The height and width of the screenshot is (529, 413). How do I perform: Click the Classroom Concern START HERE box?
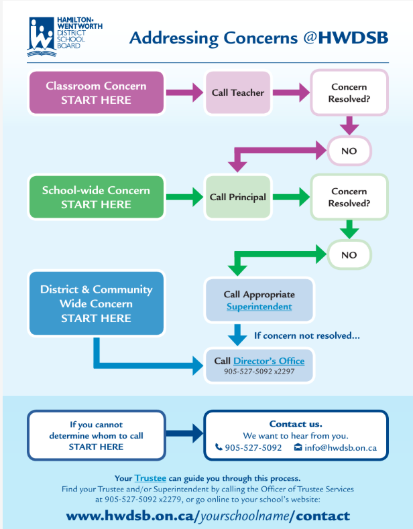97,93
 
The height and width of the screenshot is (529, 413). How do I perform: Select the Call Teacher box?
238,93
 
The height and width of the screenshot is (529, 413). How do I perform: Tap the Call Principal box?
238,198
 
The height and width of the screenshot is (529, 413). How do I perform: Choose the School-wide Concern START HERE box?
97,198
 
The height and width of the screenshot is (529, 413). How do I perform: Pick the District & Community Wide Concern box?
97,303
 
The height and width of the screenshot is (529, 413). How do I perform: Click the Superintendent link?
259,307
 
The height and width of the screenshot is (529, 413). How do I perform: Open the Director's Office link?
269,361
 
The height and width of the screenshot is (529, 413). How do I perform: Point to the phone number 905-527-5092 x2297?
259,372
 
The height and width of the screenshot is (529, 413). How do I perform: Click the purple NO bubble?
349,151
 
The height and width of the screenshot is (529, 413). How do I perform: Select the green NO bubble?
349,255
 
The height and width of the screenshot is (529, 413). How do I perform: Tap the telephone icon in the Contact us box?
219,447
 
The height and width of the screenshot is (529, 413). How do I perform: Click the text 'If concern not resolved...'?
307,335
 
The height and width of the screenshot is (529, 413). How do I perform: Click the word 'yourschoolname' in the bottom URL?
245,516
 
